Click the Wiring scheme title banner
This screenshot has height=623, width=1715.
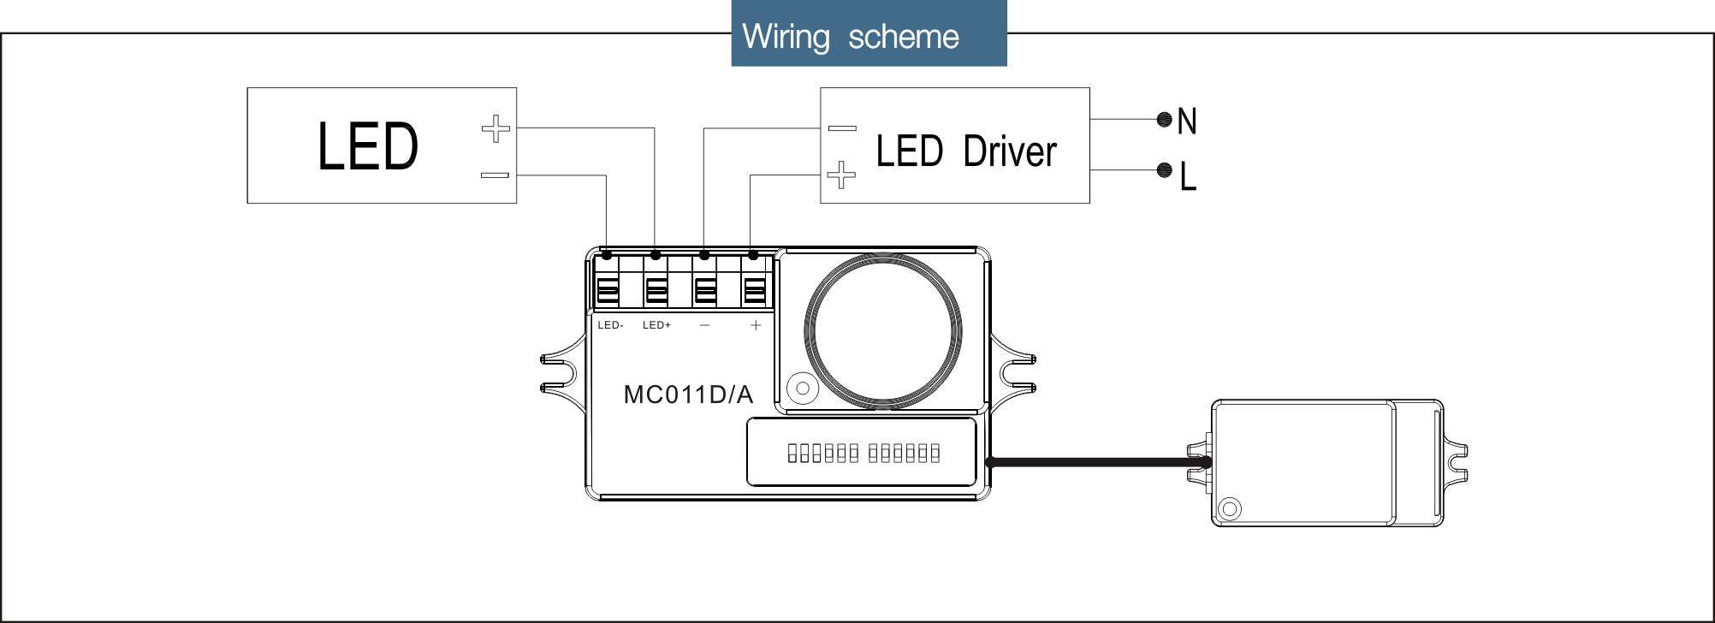(x=868, y=35)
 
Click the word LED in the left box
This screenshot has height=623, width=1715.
(x=368, y=146)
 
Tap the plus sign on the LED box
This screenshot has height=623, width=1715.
(x=496, y=129)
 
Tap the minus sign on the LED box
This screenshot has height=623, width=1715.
(x=495, y=175)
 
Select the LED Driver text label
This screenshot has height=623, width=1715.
(x=966, y=151)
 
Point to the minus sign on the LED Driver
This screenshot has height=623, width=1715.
(x=842, y=128)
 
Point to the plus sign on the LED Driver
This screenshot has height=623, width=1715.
(x=841, y=175)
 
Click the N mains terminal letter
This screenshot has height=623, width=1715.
(x=1187, y=122)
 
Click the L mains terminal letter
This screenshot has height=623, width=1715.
(x=1188, y=176)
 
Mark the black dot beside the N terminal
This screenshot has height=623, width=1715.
(x=1164, y=120)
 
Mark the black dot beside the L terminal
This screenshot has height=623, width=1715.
(x=1164, y=170)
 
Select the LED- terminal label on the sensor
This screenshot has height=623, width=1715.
(x=610, y=325)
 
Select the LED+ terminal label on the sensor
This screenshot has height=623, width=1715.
(x=656, y=325)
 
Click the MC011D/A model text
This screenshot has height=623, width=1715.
(x=688, y=395)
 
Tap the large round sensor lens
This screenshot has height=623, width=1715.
(x=882, y=331)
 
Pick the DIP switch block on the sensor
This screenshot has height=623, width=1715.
(x=863, y=453)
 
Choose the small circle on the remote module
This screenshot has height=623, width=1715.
(x=1230, y=508)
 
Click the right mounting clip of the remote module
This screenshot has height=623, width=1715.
(x=1456, y=463)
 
